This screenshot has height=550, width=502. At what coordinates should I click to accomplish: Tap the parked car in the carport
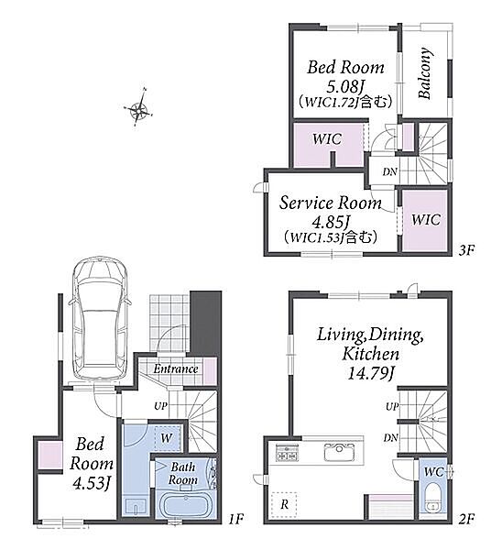click(x=100, y=320)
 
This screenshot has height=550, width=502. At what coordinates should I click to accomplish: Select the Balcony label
click(x=425, y=73)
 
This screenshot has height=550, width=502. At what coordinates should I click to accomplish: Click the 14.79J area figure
click(x=371, y=373)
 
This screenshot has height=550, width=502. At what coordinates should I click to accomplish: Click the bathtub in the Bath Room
click(x=183, y=505)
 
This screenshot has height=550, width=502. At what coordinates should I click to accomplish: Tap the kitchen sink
click(x=339, y=452)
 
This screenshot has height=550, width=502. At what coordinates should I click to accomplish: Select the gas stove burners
click(x=287, y=453)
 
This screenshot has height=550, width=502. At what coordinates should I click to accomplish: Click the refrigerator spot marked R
click(x=284, y=505)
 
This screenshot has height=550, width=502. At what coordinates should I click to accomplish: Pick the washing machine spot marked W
click(x=167, y=438)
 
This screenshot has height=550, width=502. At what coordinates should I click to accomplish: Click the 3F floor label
click(x=466, y=250)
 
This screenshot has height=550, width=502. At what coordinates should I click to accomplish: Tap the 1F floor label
click(x=236, y=519)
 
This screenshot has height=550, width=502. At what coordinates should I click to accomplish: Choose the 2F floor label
click(x=466, y=519)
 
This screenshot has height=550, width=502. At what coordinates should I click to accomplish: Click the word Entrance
click(x=176, y=368)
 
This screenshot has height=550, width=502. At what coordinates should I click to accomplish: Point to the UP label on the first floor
click(x=160, y=406)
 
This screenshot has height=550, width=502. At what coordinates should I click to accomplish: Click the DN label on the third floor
click(x=389, y=171)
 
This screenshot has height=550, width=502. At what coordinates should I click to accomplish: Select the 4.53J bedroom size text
click(x=92, y=483)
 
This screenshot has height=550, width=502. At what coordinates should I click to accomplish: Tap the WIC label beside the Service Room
click(x=426, y=220)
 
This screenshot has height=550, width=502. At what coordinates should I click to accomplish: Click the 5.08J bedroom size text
click(x=345, y=85)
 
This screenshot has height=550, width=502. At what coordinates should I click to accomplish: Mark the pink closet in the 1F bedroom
click(x=50, y=456)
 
